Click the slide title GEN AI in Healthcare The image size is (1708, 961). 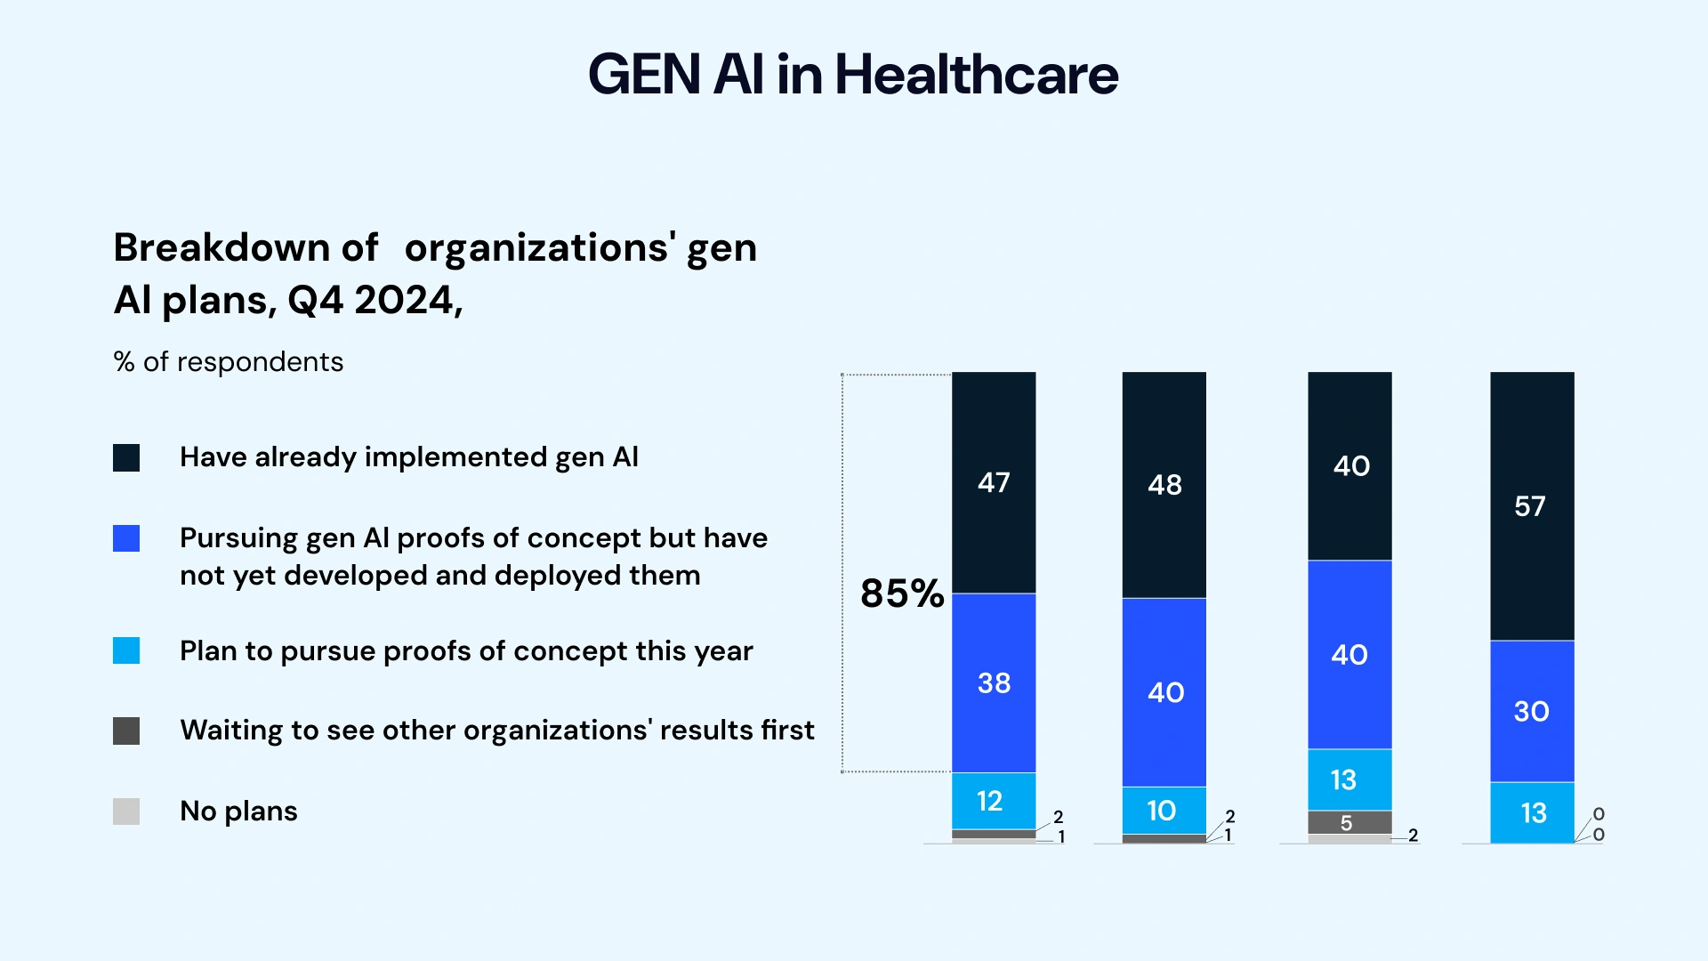[852, 74]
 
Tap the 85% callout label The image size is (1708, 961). [901, 594]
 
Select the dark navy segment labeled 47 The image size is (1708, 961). [994, 482]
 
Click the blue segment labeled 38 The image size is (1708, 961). [994, 682]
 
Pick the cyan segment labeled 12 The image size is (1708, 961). [994, 801]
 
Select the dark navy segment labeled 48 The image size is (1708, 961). [1164, 484]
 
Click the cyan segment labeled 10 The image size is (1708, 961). [1164, 811]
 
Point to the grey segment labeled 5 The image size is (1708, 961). [1349, 823]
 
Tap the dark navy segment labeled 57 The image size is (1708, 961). [1531, 506]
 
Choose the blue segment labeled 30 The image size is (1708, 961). [1531, 711]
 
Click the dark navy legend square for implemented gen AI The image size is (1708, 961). [126, 457]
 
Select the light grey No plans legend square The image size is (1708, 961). [126, 812]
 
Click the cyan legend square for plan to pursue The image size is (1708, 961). [126, 650]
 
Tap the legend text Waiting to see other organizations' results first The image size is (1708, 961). [496, 731]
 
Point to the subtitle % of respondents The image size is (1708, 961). [229, 362]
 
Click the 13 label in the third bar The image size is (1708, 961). [1343, 780]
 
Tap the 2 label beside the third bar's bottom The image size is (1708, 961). [1413, 835]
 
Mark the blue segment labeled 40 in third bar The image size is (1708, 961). [1349, 655]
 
